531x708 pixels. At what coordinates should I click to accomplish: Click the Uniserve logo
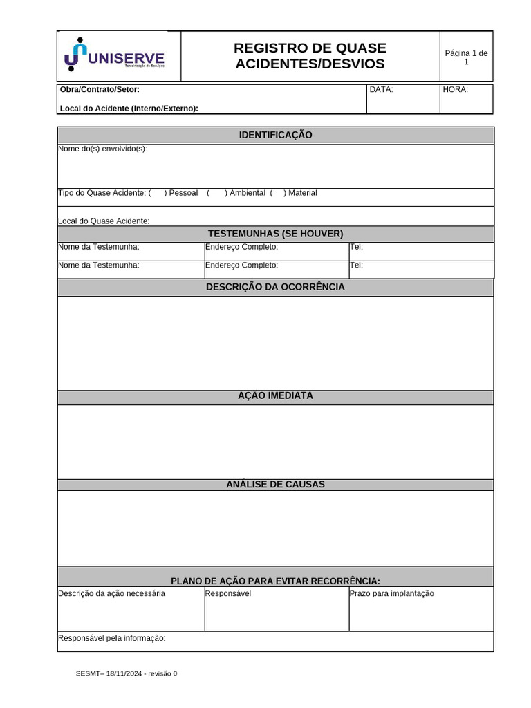click(114, 55)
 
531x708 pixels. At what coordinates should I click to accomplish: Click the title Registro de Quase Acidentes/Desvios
click(310, 56)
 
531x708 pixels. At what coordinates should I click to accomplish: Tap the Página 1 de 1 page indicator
click(466, 57)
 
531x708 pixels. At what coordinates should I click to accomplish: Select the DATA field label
click(381, 89)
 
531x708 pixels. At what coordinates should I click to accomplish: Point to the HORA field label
click(456, 89)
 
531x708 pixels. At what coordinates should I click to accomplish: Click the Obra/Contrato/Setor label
click(100, 89)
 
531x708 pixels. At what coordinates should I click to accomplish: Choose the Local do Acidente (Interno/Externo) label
click(129, 108)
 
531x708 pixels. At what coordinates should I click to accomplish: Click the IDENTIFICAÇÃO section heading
click(275, 135)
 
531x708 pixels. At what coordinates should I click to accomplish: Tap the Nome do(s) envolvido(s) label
click(102, 149)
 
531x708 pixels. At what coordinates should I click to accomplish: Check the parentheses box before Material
click(277, 193)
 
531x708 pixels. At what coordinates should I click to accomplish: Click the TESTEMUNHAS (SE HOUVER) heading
click(275, 234)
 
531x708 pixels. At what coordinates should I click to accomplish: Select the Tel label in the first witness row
click(356, 247)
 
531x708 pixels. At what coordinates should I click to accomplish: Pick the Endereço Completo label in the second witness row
click(241, 265)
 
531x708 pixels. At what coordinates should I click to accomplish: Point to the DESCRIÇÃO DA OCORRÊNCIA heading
click(275, 287)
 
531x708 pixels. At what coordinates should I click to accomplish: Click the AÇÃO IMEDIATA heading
click(275, 395)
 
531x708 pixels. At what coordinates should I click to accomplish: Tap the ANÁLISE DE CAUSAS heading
click(275, 484)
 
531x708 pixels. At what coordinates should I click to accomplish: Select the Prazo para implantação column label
click(392, 593)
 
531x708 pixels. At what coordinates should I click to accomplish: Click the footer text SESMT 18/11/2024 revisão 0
click(127, 673)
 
